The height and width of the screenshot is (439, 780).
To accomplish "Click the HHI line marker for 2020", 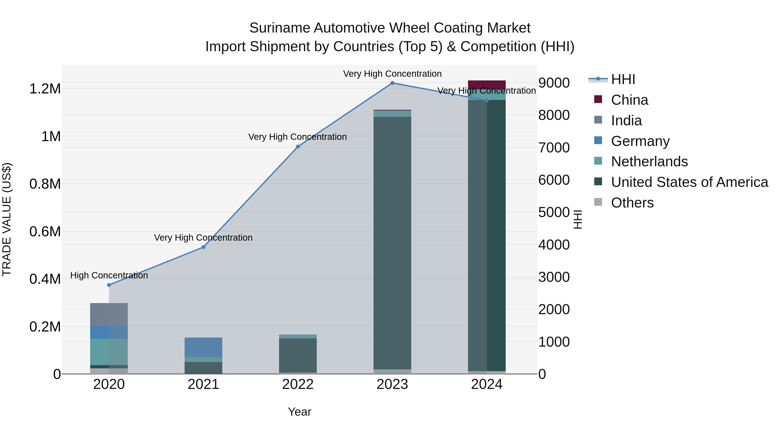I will (109, 285).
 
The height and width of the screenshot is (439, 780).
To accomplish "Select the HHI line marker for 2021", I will (203, 247).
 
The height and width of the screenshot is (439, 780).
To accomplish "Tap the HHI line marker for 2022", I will (298, 147).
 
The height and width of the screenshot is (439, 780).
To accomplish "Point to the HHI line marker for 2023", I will (392, 83).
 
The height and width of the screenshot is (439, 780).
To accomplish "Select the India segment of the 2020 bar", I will (109, 315).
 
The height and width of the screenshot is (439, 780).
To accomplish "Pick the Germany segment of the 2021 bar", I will (203, 347).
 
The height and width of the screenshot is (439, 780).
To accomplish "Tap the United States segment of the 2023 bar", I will (392, 242).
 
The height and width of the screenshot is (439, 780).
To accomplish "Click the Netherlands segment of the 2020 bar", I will (109, 352).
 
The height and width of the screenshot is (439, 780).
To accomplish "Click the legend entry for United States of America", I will (689, 182).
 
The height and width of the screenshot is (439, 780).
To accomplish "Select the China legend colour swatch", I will (598, 99).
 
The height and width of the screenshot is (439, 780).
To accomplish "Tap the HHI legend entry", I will (623, 79).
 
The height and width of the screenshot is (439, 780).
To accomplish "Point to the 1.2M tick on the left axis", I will (45, 89).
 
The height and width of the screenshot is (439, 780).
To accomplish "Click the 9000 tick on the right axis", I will (554, 83).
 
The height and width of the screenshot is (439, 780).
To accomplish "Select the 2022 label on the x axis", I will (298, 384).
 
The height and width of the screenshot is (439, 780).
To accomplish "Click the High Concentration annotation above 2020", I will (109, 275).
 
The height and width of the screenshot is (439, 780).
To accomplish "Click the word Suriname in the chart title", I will (279, 28).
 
